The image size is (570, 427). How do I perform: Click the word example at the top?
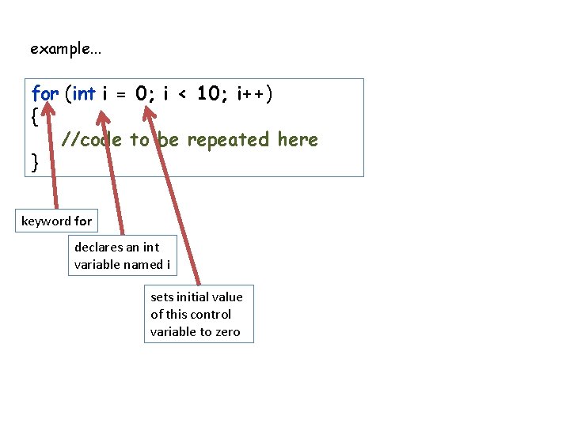pyautogui.click(x=60, y=49)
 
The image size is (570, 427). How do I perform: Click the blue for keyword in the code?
pyautogui.click(x=44, y=94)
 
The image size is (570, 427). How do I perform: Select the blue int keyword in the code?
pyautogui.click(x=84, y=94)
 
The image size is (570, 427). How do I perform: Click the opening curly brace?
pyautogui.click(x=33, y=117)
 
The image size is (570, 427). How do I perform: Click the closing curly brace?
pyautogui.click(x=33, y=162)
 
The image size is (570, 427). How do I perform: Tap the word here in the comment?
pyautogui.click(x=298, y=140)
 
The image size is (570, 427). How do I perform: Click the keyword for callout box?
pyautogui.click(x=56, y=221)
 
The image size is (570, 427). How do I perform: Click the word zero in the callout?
pyautogui.click(x=227, y=331)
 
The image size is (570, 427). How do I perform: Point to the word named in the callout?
pyautogui.click(x=145, y=264)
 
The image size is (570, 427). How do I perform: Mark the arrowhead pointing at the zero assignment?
pyautogui.click(x=148, y=113)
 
